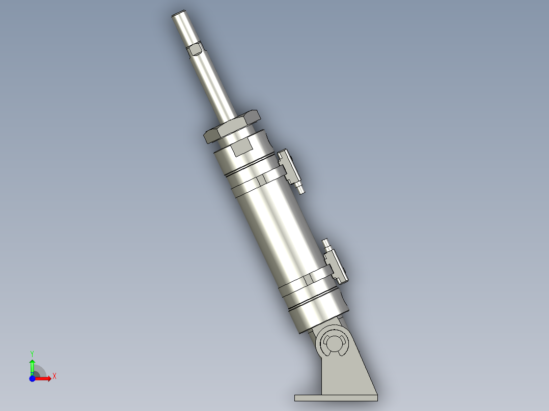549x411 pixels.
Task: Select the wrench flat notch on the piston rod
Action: click(x=195, y=50)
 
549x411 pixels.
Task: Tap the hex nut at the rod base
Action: click(x=232, y=128)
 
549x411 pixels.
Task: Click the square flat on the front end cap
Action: click(x=241, y=148)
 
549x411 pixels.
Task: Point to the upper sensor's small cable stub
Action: click(x=301, y=190)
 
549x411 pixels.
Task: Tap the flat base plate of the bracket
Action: click(x=336, y=397)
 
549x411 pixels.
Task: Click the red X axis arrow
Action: click(x=45, y=378)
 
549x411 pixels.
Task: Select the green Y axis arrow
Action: click(x=32, y=366)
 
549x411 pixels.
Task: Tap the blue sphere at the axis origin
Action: click(x=32, y=378)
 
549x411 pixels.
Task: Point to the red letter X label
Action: click(x=54, y=376)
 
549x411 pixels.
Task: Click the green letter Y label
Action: click(x=32, y=353)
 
